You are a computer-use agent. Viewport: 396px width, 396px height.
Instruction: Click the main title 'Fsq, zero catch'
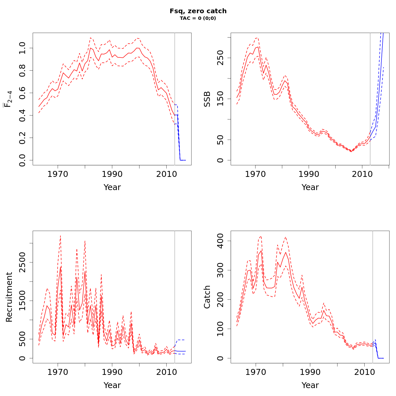(x=198, y=11)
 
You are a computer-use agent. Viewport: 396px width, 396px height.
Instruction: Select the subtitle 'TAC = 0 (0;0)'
(x=198, y=18)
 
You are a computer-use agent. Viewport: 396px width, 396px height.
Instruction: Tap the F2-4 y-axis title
(x=8, y=99)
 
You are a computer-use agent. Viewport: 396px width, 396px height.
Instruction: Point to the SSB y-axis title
(x=207, y=99)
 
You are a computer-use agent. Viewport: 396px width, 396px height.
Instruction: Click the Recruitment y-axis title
(x=9, y=297)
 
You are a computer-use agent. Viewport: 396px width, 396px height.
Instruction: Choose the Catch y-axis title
(x=207, y=297)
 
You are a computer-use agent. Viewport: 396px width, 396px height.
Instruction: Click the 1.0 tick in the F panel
(x=22, y=48)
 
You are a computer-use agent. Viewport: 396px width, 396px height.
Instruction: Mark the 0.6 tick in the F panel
(x=22, y=93)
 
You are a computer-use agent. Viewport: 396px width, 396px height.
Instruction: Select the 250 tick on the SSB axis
(x=220, y=58)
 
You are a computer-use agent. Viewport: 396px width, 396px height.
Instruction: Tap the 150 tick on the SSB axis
(x=220, y=99)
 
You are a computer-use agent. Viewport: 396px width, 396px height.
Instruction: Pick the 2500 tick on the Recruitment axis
(x=22, y=262)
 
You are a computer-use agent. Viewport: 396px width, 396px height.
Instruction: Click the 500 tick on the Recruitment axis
(x=22, y=339)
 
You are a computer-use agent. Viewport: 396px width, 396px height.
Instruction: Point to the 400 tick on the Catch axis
(x=220, y=241)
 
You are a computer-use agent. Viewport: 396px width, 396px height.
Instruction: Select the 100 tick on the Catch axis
(x=220, y=329)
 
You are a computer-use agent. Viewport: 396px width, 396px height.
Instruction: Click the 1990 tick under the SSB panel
(x=309, y=174)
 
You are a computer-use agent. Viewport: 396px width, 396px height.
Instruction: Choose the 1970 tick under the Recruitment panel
(x=58, y=372)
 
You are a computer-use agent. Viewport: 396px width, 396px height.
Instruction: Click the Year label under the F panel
(x=112, y=187)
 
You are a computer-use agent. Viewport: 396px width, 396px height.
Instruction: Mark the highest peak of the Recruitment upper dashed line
(x=60, y=236)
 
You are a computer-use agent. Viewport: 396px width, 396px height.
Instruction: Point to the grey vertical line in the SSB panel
(x=370, y=99)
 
